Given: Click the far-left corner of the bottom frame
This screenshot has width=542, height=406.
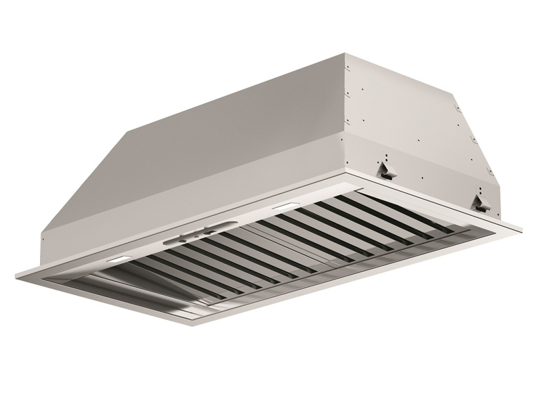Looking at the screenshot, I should (x=15, y=271).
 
